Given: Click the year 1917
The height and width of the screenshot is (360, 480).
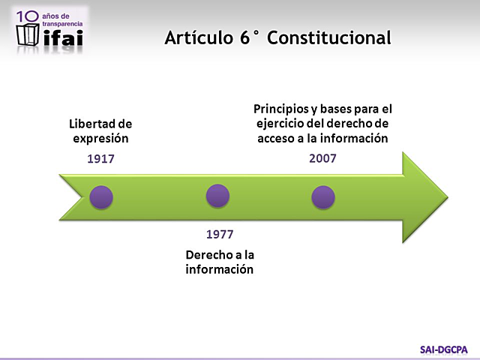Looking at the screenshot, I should pyautogui.click(x=100, y=159).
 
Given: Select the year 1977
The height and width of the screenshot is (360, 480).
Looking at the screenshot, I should pyautogui.click(x=220, y=234).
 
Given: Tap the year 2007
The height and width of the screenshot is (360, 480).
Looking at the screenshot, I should pyautogui.click(x=322, y=158).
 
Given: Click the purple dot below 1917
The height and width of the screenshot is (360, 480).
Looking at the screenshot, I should pyautogui.click(x=100, y=197).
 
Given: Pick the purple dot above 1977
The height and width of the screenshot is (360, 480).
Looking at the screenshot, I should pyautogui.click(x=217, y=196).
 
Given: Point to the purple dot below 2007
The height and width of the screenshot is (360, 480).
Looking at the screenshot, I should pyautogui.click(x=322, y=197).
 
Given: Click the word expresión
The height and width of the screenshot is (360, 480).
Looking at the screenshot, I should pyautogui.click(x=100, y=139).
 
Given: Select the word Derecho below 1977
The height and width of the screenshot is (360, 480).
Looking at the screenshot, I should pyautogui.click(x=210, y=255).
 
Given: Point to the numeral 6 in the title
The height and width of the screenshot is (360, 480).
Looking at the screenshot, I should pyautogui.click(x=247, y=37).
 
